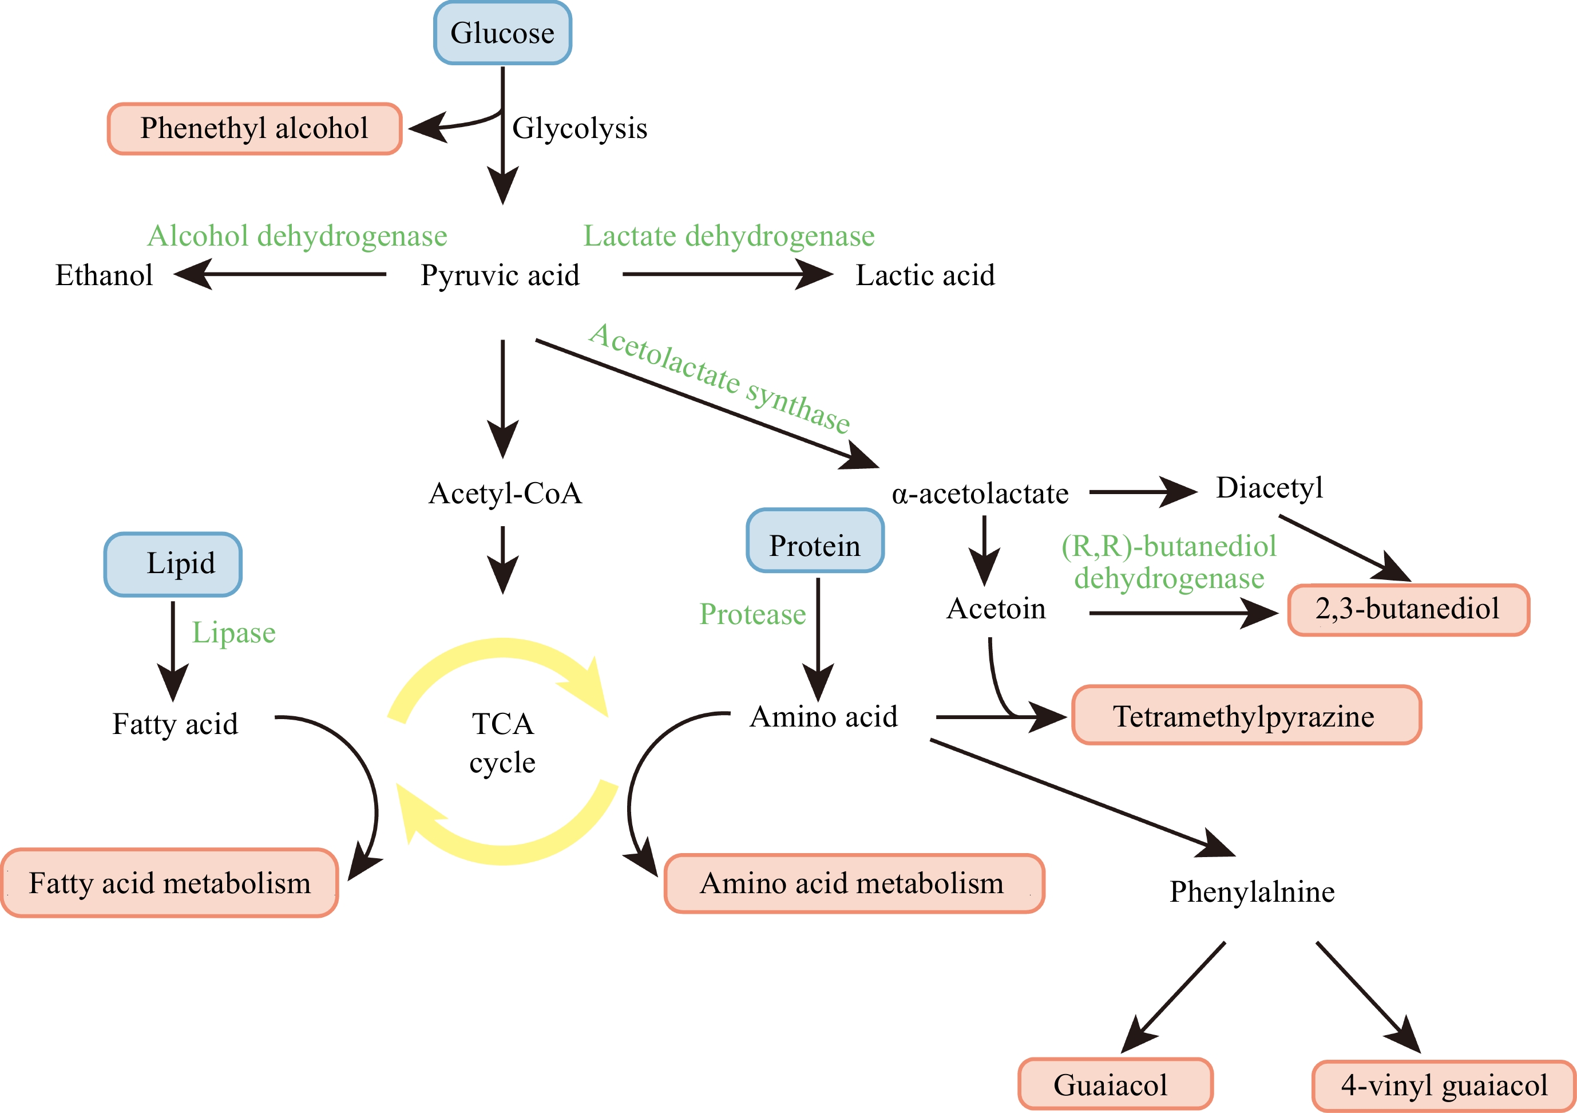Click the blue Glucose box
(x=502, y=33)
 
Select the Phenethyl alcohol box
(x=254, y=128)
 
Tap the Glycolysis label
(x=580, y=128)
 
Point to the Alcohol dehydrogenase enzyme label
(x=297, y=236)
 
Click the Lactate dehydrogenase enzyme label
(x=729, y=236)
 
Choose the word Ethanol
(x=104, y=275)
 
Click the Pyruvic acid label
(x=500, y=275)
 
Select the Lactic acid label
(x=925, y=275)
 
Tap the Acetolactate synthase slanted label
(x=719, y=377)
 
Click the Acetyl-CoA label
(x=505, y=494)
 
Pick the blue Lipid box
(x=173, y=564)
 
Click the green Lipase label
(x=233, y=633)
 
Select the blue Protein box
(x=815, y=540)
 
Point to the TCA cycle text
(x=502, y=743)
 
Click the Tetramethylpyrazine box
(x=1246, y=715)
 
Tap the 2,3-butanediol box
(x=1408, y=609)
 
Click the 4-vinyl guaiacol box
(x=1444, y=1086)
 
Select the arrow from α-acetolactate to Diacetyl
(x=1142, y=492)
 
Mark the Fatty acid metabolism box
(x=169, y=883)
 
